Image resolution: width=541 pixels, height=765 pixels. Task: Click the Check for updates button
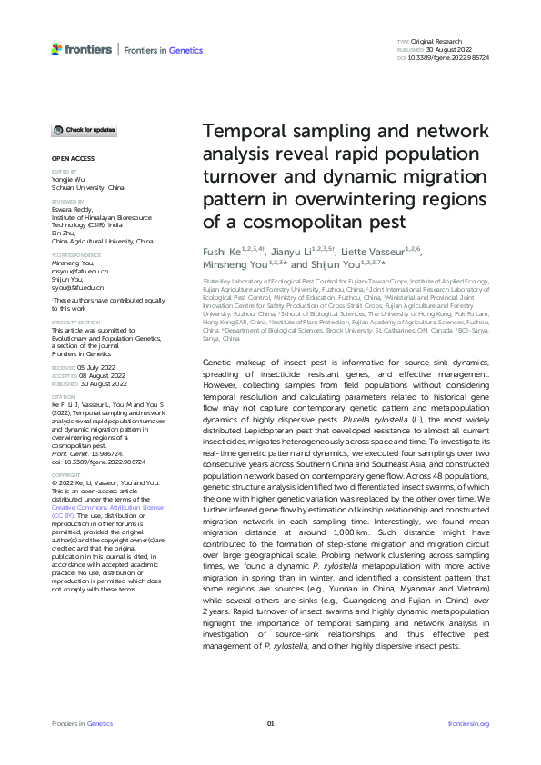point(84,131)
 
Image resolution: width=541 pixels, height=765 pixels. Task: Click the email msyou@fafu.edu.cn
point(80,272)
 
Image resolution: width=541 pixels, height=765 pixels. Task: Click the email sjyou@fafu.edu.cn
point(79,286)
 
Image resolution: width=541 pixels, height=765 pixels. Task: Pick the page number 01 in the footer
point(270,723)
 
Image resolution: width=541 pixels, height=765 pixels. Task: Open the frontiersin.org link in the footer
point(469,723)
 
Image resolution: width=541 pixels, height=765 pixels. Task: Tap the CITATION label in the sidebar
point(62,396)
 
